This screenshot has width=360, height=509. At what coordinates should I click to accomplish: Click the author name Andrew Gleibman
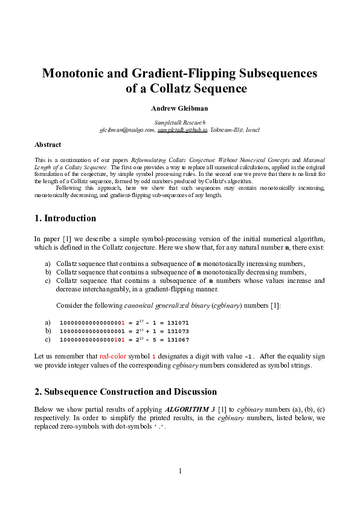[x=179, y=109]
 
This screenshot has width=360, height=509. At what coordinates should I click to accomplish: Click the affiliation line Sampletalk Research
[x=179, y=122]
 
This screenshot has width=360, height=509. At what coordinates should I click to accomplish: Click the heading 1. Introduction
[x=65, y=218]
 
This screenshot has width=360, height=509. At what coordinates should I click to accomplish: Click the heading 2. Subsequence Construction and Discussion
[x=126, y=392]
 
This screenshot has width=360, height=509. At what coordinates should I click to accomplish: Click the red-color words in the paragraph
[x=113, y=356]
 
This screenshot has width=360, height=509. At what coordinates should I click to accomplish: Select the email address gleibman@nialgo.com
[x=127, y=129]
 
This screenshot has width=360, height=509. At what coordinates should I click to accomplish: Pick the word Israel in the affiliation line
[x=250, y=129]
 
